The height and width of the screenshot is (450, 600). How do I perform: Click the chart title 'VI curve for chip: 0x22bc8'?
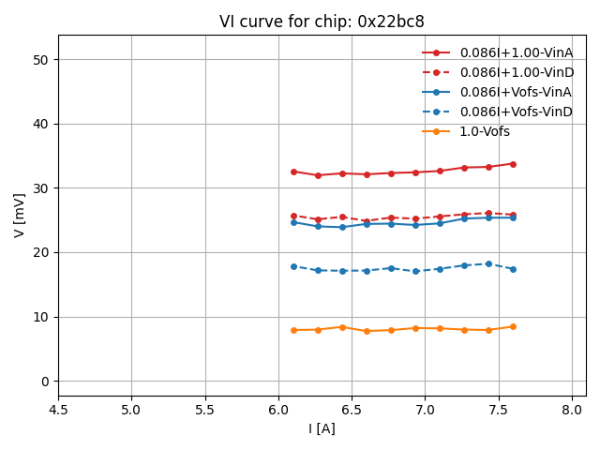point(322,22)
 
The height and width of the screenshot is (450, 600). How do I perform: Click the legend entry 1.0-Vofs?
point(485,131)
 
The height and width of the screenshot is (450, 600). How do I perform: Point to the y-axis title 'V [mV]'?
point(20,215)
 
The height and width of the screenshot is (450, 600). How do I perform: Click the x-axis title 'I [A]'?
point(322,428)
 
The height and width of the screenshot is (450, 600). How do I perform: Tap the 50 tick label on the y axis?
point(40,60)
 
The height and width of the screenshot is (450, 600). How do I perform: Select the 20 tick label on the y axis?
point(40,253)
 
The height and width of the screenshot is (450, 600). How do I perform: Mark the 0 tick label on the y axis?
point(43,382)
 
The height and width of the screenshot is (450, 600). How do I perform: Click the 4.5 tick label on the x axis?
point(58,410)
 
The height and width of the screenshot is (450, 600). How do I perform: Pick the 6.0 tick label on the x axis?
point(278,410)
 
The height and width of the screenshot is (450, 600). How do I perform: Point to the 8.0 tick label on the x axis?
point(572,410)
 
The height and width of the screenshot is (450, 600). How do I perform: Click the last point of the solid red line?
point(513,164)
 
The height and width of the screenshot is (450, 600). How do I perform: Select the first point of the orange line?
point(293,330)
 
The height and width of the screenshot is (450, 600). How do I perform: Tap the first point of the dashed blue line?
point(293,266)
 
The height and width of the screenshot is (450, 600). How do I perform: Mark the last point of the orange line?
point(513,326)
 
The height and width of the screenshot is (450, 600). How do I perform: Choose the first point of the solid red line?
point(293,172)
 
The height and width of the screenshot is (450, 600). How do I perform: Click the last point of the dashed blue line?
point(513,269)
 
